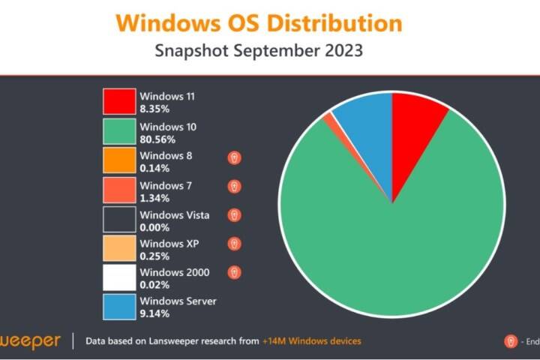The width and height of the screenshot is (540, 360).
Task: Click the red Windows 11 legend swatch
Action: (119, 102)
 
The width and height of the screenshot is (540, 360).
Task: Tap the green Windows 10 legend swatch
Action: (119, 132)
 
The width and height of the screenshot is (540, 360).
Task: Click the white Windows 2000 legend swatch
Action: (119, 278)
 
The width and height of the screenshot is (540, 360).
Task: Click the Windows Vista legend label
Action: (175, 215)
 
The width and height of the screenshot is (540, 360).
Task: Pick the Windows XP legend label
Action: (169, 244)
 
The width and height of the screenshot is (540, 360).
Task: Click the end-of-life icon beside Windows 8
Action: (235, 157)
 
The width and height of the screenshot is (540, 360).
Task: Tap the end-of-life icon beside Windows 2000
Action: (235, 273)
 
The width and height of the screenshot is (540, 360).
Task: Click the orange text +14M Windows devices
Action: (311, 341)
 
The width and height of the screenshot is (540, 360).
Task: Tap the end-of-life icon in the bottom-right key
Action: (510, 341)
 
